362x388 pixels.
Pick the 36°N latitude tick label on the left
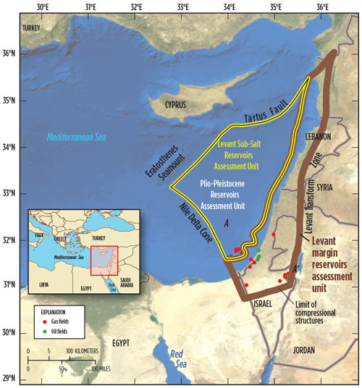11,54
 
